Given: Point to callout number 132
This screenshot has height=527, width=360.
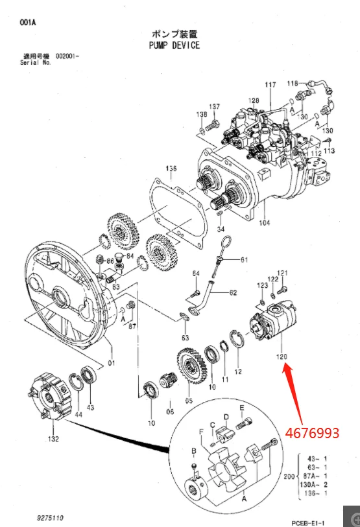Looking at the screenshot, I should coord(53,439).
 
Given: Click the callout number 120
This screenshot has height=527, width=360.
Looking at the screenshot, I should coord(282,357).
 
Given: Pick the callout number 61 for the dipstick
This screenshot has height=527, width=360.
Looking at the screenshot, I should coord(244,260).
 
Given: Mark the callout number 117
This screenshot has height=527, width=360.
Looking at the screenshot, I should coord(270,86).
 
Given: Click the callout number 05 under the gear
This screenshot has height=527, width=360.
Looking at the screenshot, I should coord(189,399).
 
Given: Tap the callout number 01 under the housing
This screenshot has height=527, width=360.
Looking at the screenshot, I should coord(111,362).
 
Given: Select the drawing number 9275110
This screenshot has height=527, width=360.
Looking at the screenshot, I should coord(51,518).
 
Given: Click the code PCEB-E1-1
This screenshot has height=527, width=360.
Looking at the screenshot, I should coord(307,522).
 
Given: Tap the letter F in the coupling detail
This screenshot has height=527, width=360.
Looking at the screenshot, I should coord(200,431).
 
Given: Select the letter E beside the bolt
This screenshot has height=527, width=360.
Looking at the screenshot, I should coord(241,408).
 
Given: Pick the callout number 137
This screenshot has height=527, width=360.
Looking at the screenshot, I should coord(214,107).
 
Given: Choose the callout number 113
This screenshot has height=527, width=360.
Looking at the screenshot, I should coord(330,151).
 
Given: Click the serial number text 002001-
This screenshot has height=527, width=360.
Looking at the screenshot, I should coord(67,57).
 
